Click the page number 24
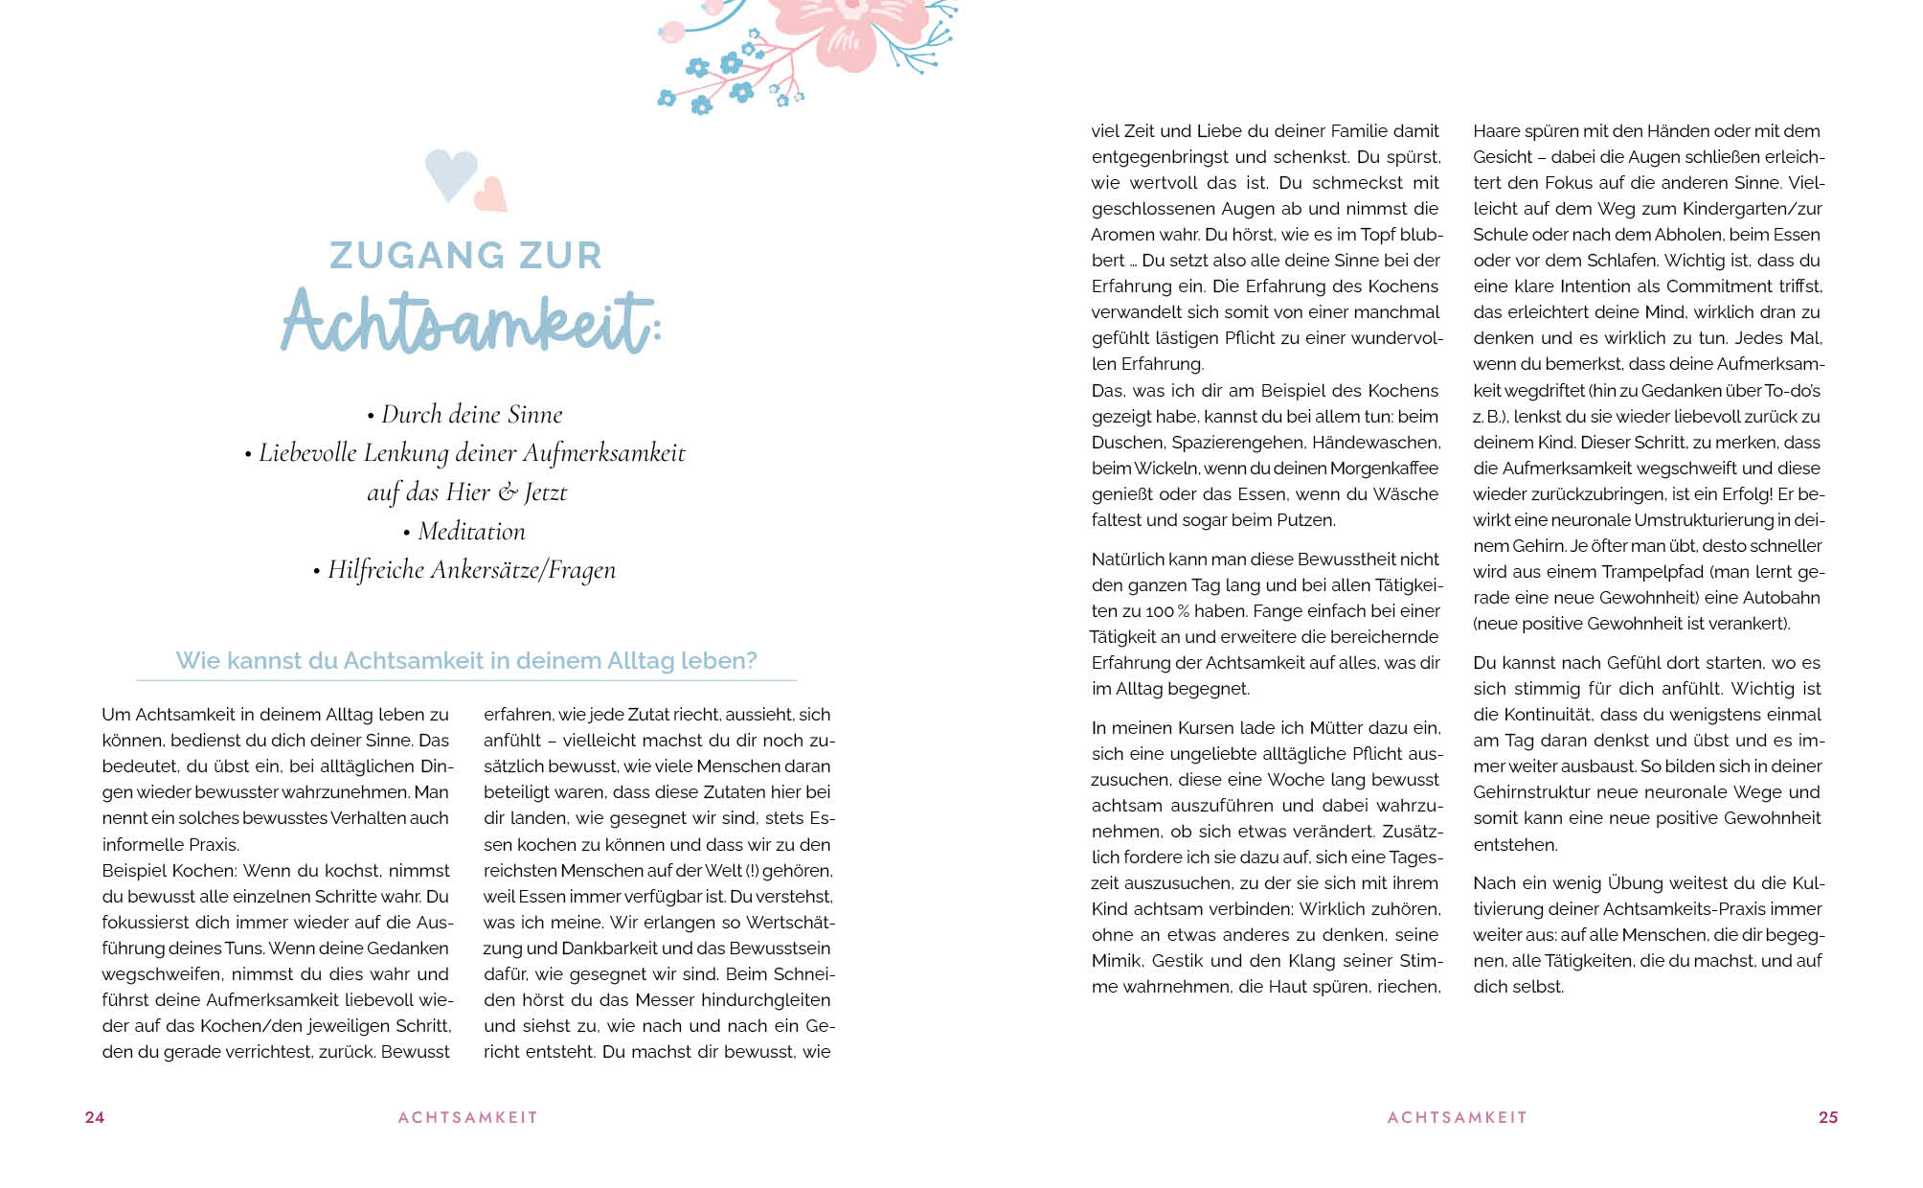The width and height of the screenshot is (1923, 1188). coord(95,1117)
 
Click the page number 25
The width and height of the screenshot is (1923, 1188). coord(1828,1117)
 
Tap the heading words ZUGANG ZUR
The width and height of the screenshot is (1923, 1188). coord(466,256)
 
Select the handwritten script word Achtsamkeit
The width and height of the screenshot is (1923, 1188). coord(467,322)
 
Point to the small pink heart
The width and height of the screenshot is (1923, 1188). coord(491,194)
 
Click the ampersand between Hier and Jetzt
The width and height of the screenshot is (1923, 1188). coord(508,492)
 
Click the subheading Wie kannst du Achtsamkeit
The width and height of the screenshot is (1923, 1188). coord(466,661)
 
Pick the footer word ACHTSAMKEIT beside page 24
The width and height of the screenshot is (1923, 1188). coord(468,1117)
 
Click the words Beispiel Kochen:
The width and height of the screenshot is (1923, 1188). coord(170,871)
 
